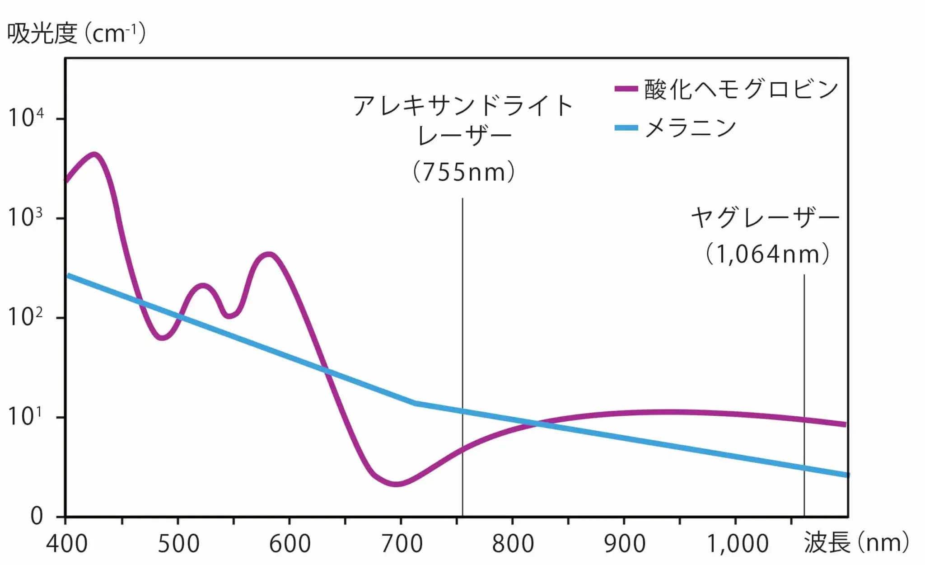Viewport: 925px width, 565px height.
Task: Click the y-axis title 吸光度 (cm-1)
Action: click(76, 33)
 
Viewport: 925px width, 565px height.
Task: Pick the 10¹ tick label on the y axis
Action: click(25, 416)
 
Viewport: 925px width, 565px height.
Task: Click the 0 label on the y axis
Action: click(37, 515)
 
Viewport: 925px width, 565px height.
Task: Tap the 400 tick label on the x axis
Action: click(67, 543)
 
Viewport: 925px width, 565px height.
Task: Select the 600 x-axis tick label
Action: click(290, 543)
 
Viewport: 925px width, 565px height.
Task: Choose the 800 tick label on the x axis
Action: click(513, 543)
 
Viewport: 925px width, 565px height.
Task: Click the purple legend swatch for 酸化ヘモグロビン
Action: click(626, 89)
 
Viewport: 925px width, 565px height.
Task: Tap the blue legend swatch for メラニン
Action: click(626, 128)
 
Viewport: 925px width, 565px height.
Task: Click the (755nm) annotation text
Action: click(464, 172)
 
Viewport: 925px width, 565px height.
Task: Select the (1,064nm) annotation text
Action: click(767, 254)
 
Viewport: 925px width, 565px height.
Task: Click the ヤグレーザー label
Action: click(765, 218)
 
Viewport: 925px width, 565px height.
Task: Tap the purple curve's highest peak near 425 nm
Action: click(94, 155)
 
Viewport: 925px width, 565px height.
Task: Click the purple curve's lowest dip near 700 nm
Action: click(396, 484)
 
